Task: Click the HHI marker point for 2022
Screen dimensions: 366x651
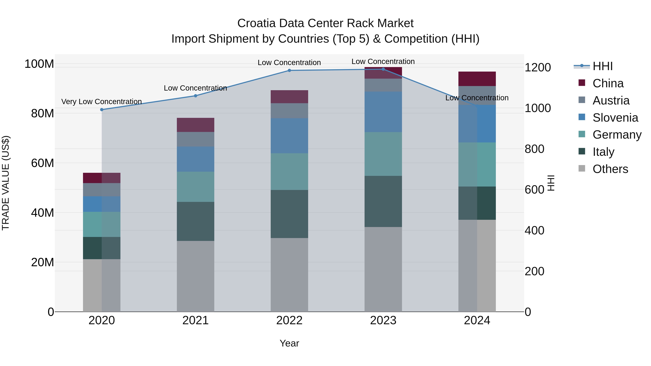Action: click(289, 70)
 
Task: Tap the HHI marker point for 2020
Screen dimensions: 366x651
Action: click(102, 110)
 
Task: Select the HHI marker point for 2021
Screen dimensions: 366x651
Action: click(195, 96)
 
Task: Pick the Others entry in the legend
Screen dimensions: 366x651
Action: click(610, 169)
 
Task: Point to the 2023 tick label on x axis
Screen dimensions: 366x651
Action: click(383, 320)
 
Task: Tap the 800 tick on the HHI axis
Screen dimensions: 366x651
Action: click(534, 149)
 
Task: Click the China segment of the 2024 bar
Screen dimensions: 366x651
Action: click(477, 79)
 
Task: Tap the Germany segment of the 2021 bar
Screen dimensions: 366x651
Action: click(195, 187)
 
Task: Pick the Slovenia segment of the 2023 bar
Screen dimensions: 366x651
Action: click(383, 112)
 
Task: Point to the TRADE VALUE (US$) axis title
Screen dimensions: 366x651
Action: click(6, 183)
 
